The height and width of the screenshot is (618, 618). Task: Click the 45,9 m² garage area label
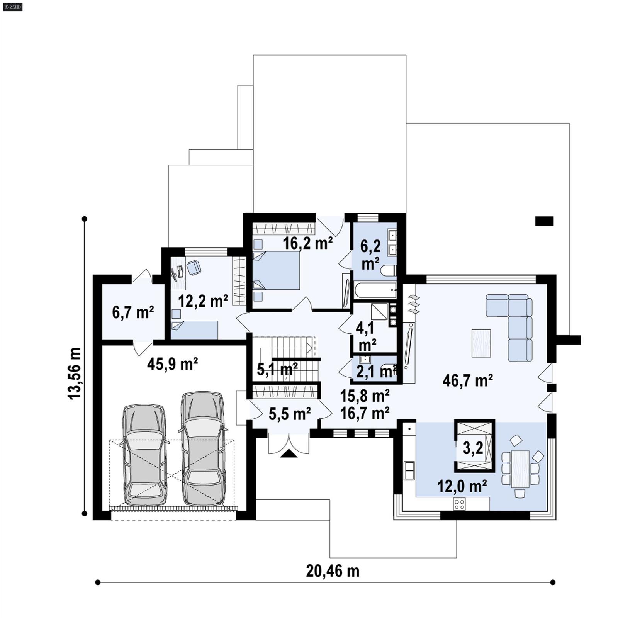click(172, 364)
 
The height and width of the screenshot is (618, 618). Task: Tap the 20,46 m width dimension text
click(333, 571)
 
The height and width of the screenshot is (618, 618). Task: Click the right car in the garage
click(203, 449)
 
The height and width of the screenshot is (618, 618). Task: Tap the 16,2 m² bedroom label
click(307, 243)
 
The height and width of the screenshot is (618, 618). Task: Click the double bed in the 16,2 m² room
click(276, 270)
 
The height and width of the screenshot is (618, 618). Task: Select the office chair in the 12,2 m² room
click(194, 267)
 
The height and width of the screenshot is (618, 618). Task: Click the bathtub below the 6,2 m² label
click(375, 290)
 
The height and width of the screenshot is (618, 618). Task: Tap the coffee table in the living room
click(481, 343)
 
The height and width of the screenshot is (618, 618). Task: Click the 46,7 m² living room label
click(467, 381)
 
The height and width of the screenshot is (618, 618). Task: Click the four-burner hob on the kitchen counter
click(459, 504)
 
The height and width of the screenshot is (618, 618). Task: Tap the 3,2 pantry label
click(473, 448)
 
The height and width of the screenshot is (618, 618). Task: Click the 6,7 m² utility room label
click(133, 312)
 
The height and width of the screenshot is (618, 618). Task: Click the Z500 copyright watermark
click(12, 7)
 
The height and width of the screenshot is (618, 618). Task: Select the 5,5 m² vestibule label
click(289, 414)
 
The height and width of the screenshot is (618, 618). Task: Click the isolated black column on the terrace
click(544, 221)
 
